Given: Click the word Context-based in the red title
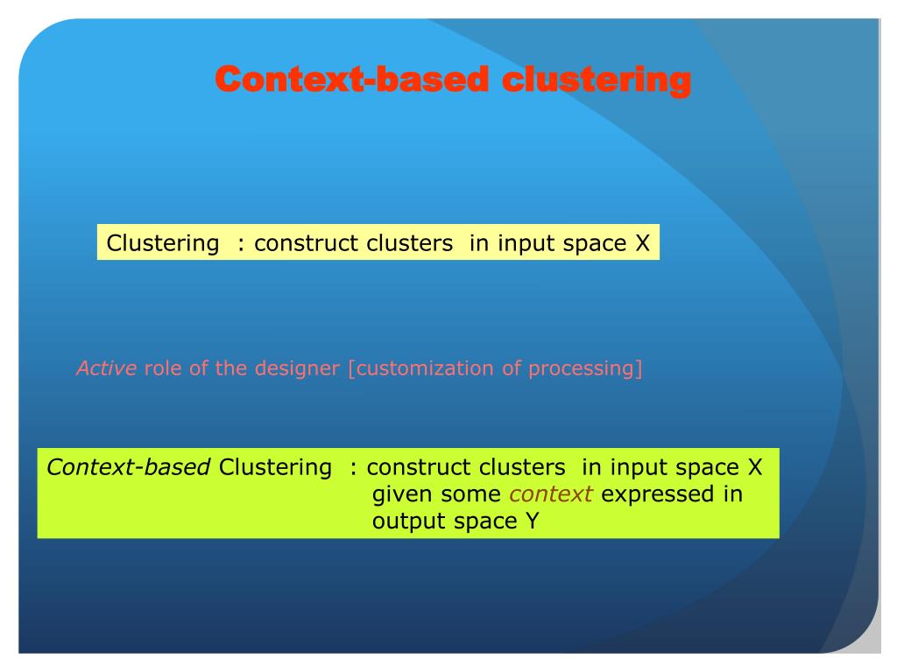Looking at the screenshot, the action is (352, 79).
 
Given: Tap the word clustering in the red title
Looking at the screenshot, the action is (597, 80).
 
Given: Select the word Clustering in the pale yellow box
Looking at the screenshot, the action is (163, 243).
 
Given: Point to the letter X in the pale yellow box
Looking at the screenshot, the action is (642, 243).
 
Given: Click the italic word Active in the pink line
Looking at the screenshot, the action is (107, 368).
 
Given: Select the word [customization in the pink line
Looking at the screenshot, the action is (420, 368).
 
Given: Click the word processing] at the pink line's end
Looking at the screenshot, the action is (585, 368).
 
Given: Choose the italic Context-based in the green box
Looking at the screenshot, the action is (129, 467).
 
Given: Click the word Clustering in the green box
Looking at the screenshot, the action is (275, 468).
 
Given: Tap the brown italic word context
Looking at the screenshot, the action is (551, 494).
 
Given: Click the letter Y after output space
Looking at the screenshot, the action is (532, 521).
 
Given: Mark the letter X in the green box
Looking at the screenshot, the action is (755, 467).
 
